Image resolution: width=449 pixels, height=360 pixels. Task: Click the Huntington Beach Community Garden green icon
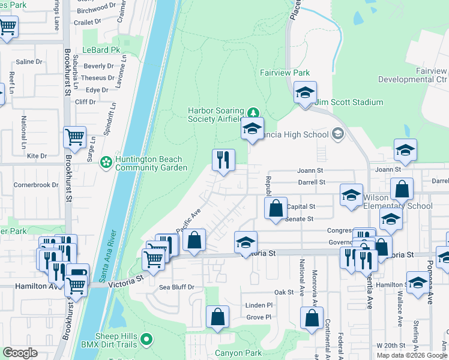click(106, 162)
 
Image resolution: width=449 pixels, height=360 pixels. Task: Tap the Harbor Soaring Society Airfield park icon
click(254, 112)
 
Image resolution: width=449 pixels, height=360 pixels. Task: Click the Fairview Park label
click(285, 73)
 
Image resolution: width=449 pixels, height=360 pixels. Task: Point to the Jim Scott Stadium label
click(349, 102)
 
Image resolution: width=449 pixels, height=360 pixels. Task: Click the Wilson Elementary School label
click(397, 206)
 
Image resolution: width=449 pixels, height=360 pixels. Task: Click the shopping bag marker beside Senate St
click(276, 209)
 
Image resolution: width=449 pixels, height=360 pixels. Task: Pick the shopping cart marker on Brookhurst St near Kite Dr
click(75, 137)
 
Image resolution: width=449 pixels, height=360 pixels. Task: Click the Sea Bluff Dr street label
click(177, 287)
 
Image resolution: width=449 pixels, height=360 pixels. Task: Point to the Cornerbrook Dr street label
click(36, 185)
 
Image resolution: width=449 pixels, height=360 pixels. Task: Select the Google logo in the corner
click(19, 353)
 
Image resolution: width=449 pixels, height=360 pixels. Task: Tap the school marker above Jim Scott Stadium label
click(305, 94)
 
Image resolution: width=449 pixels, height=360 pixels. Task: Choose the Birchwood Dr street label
click(97, 7)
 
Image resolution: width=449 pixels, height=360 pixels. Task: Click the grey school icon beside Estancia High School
click(337, 133)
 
